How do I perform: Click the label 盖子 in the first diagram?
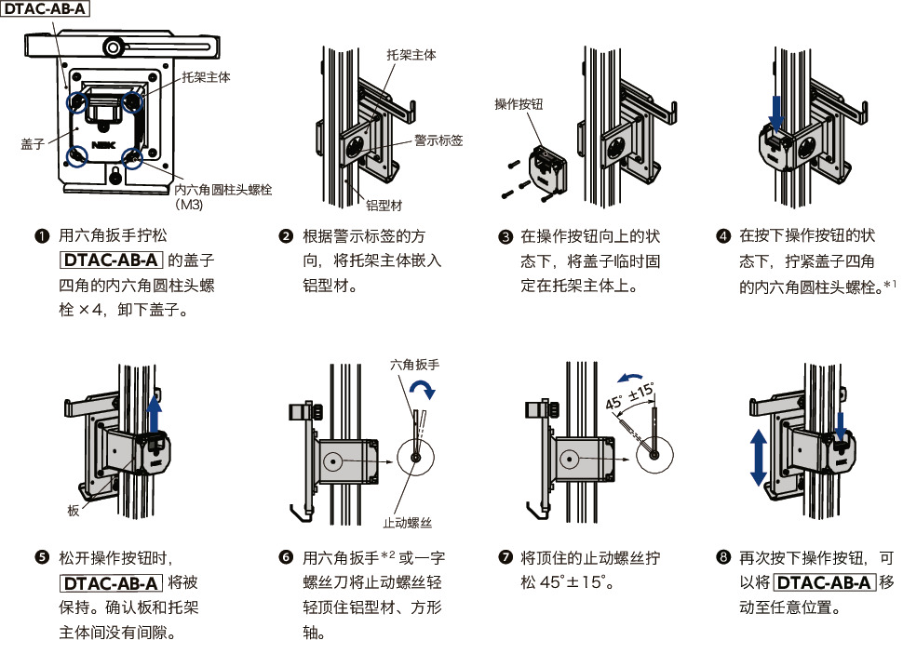click(x=34, y=144)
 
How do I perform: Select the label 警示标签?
click(x=438, y=140)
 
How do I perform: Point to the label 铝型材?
click(x=384, y=204)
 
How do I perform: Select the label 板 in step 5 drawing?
click(x=74, y=511)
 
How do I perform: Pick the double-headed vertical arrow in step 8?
click(x=758, y=457)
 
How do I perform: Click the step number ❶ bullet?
click(x=41, y=235)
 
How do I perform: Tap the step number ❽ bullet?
click(x=723, y=558)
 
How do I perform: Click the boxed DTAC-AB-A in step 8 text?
click(x=824, y=583)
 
